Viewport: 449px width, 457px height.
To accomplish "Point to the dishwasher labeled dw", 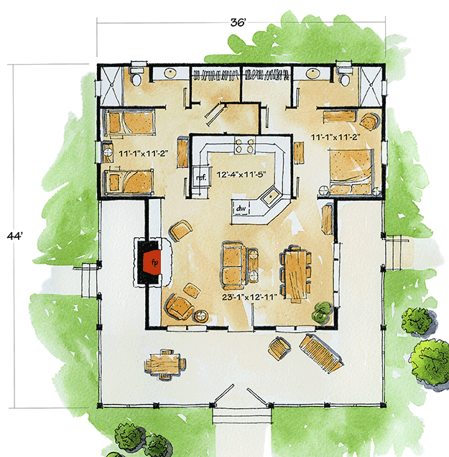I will click(240, 210).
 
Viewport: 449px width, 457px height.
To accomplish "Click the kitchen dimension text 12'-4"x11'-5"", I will click(240, 173).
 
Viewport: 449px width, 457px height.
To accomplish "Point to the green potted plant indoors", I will click(320, 312).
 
